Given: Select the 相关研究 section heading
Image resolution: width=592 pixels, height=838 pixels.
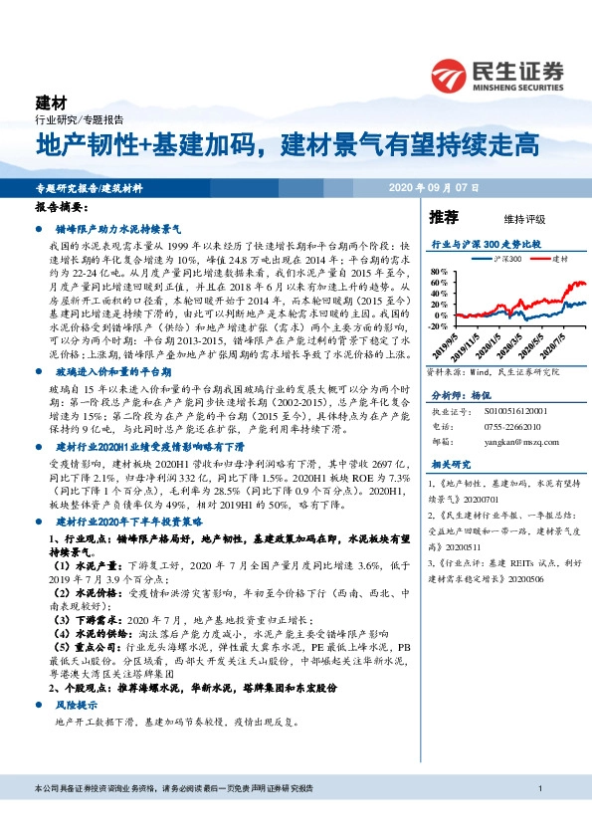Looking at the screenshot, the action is click(450, 464).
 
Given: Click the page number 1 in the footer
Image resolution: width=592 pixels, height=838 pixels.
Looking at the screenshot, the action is click(538, 816).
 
